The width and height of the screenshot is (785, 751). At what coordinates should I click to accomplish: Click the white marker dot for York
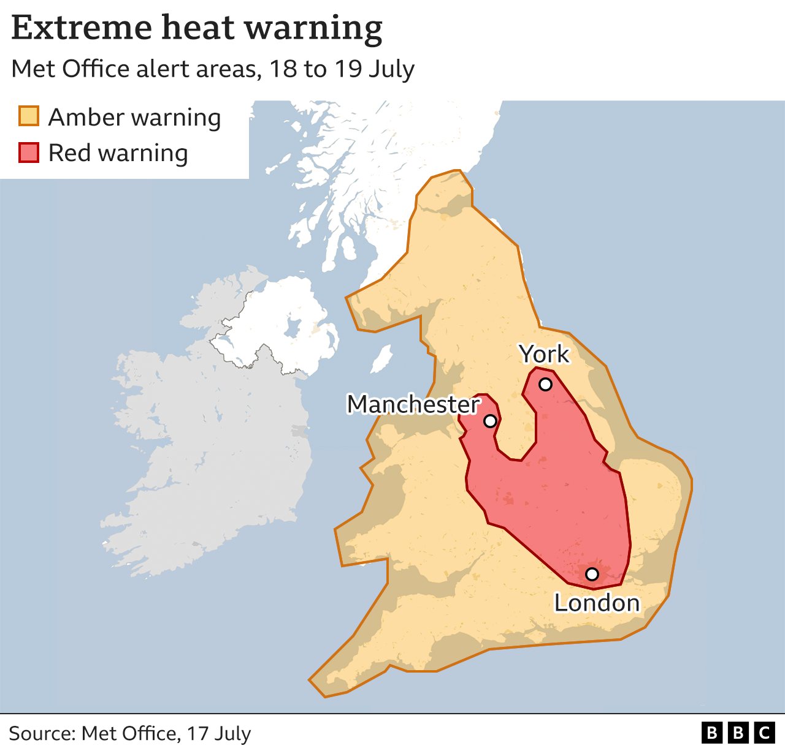pyautogui.click(x=545, y=385)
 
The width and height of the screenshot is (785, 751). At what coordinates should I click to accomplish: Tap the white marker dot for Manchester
pyautogui.click(x=490, y=421)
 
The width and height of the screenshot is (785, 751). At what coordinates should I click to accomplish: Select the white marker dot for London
pyautogui.click(x=592, y=574)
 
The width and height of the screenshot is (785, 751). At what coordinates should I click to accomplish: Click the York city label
pyautogui.click(x=543, y=354)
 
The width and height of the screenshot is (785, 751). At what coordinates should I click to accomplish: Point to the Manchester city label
pyautogui.click(x=413, y=404)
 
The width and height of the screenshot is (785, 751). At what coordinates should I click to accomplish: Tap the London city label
pyautogui.click(x=597, y=603)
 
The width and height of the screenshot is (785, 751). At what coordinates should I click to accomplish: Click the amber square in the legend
pyautogui.click(x=29, y=116)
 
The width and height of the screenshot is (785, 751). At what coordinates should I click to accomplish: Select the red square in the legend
pyautogui.click(x=29, y=153)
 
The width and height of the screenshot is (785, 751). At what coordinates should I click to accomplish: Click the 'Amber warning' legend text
pyautogui.click(x=134, y=117)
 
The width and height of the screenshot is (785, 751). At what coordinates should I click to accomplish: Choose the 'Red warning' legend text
pyautogui.click(x=118, y=153)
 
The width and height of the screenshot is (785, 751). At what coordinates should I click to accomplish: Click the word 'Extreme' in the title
pyautogui.click(x=82, y=28)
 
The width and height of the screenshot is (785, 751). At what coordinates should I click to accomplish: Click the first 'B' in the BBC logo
pyautogui.click(x=711, y=733)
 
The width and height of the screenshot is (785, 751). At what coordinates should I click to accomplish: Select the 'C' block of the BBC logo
pyautogui.click(x=764, y=733)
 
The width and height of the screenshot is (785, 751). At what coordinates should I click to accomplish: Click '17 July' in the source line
pyautogui.click(x=219, y=733)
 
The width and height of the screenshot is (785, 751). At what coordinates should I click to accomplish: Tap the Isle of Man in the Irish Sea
pyautogui.click(x=381, y=358)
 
